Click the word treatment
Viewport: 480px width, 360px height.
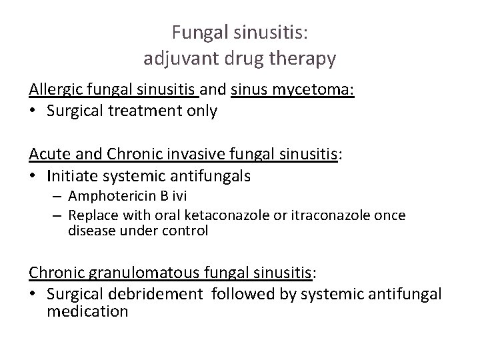[133, 111]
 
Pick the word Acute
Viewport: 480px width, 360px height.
[47, 155]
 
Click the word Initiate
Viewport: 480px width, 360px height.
[70, 176]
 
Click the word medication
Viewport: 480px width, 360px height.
[88, 311]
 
